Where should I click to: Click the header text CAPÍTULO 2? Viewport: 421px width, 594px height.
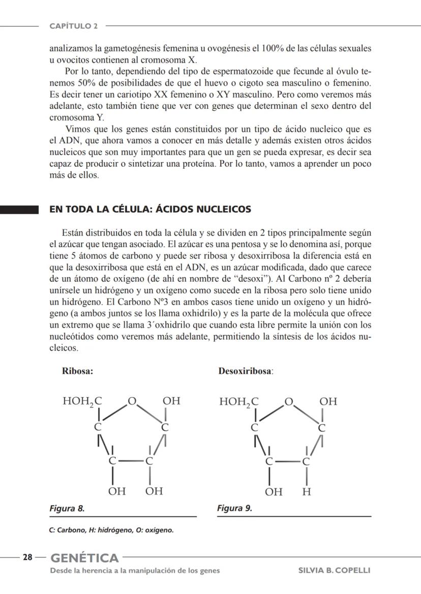pyautogui.click(x=74, y=25)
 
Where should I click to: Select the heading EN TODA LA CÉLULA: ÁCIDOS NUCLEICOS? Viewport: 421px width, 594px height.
pyautogui.click(x=150, y=210)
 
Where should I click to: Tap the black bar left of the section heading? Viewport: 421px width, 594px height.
pyautogui.click(x=19, y=210)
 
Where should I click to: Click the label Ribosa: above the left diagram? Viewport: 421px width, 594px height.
pyautogui.click(x=77, y=371)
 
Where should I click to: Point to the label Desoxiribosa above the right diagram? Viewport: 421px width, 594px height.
pyautogui.click(x=246, y=371)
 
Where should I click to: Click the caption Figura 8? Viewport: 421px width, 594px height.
pyautogui.click(x=67, y=508)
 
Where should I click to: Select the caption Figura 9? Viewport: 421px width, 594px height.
pyautogui.click(x=234, y=508)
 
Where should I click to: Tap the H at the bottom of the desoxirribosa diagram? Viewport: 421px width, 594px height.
pyautogui.click(x=306, y=492)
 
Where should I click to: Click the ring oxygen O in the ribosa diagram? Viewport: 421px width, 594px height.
pyautogui.click(x=132, y=402)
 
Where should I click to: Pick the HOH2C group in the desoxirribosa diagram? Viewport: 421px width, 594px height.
pyautogui.click(x=238, y=402)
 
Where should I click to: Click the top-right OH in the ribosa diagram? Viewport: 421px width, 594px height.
pyautogui.click(x=171, y=401)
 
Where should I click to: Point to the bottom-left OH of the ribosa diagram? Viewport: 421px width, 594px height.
pyautogui.click(x=117, y=492)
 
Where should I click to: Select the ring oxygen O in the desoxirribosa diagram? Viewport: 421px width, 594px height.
pyautogui.click(x=289, y=402)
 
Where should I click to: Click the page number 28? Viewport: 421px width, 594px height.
pyautogui.click(x=27, y=557)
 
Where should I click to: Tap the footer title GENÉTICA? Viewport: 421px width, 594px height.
pyautogui.click(x=84, y=557)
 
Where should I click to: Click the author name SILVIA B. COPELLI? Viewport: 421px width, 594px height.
pyautogui.click(x=334, y=570)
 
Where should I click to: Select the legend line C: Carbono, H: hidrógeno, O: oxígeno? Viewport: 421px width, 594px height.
pyautogui.click(x=111, y=530)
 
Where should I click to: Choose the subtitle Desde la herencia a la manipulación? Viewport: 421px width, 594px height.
pyautogui.click(x=135, y=570)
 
